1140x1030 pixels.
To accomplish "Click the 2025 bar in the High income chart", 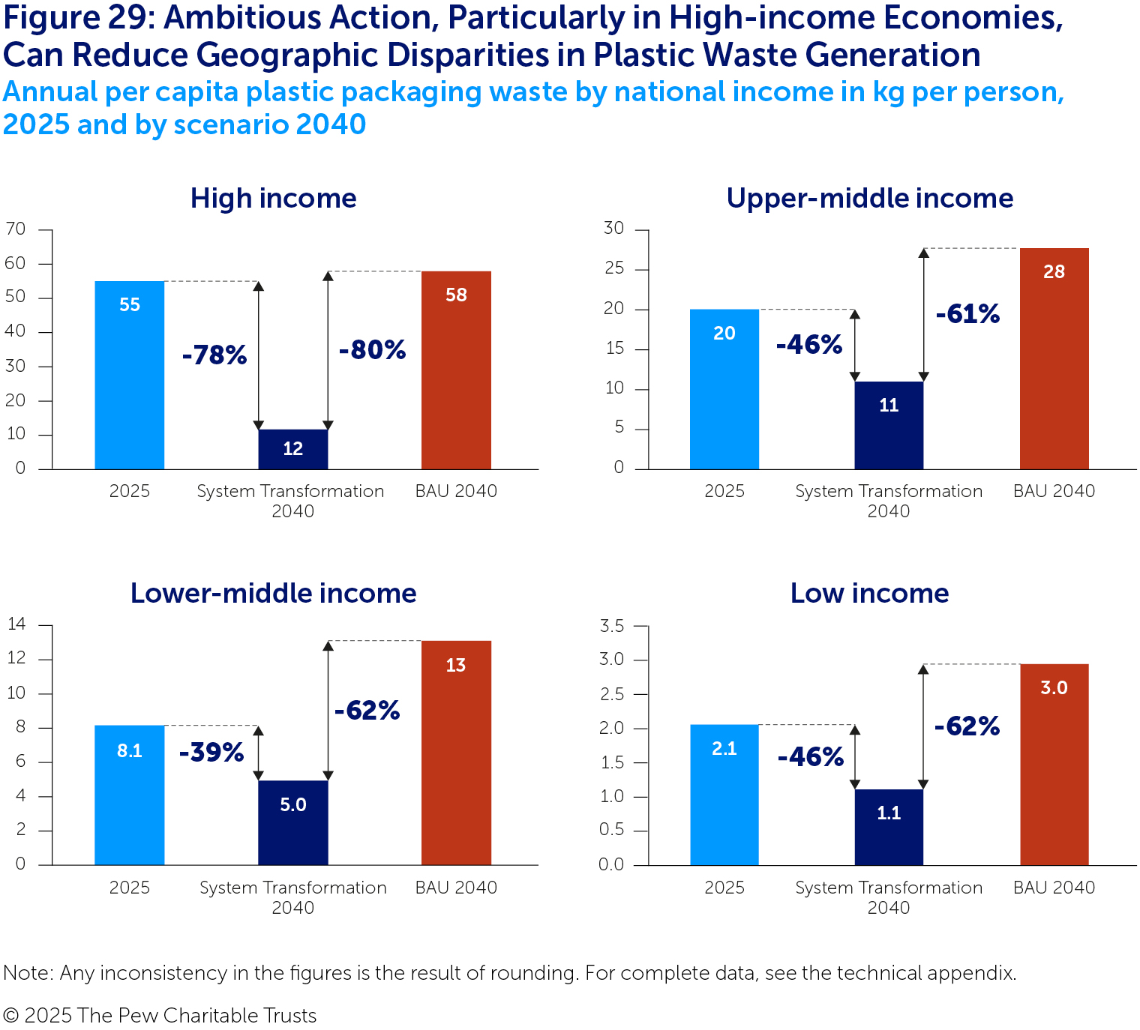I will point(129,375).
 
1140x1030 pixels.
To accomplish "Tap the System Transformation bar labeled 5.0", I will point(292,822).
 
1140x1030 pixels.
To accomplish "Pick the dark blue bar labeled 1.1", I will point(889,827).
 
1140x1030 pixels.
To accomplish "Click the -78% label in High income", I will point(214,355).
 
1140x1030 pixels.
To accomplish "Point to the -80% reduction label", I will point(372,349).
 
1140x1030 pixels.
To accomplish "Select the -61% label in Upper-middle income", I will point(967,313).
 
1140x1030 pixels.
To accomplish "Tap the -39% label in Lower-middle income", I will point(211,752).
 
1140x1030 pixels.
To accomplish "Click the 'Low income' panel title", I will point(869,593).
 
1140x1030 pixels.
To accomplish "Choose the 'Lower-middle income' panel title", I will point(273,593).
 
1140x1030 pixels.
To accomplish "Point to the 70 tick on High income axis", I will point(16,229).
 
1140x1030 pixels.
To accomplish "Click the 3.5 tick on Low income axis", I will point(611,625).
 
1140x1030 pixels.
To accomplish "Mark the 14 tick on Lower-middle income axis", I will point(16,624).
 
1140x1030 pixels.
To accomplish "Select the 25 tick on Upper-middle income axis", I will point(613,268).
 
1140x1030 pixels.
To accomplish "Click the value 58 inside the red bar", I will point(456,295).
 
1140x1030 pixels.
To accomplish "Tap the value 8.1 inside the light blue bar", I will point(129,750).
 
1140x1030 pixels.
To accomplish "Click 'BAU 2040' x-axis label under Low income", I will point(1054,888).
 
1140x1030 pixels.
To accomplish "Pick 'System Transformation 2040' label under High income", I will point(291,501).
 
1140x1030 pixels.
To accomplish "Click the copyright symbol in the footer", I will point(10,1016).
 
